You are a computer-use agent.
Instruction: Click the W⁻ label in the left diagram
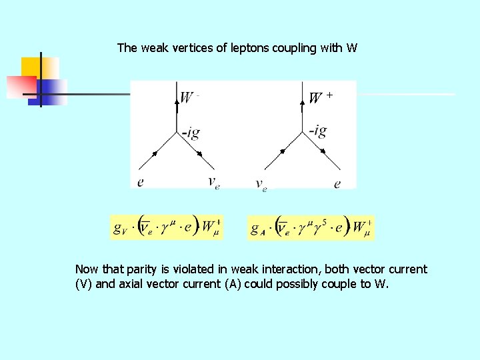point(189,97)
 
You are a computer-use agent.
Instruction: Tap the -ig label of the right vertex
point(317,129)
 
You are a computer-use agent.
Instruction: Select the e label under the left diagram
point(140,181)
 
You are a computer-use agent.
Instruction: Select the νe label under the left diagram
point(213,182)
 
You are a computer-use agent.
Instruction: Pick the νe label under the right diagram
point(261,184)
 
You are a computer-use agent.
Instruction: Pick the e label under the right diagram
point(337,183)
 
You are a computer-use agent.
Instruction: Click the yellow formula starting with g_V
point(167,227)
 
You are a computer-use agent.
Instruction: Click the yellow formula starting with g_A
point(311,227)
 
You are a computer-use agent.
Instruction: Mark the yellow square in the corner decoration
point(40,67)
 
